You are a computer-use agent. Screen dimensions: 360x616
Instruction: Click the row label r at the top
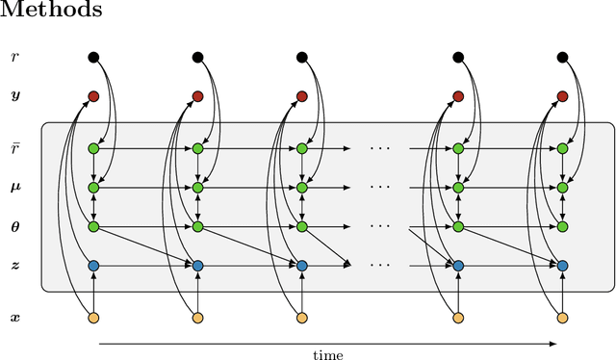point(13,58)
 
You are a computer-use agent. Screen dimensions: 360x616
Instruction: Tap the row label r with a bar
point(13,148)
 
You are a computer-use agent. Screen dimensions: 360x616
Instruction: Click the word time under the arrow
point(328,354)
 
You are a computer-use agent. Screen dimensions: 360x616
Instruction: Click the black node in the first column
point(93,57)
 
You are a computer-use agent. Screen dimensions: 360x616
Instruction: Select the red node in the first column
point(93,96)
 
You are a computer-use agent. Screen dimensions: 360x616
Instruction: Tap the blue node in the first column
point(93,265)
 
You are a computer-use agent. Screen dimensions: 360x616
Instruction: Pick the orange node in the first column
point(93,318)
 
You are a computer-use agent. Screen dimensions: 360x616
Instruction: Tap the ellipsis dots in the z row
point(380,265)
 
